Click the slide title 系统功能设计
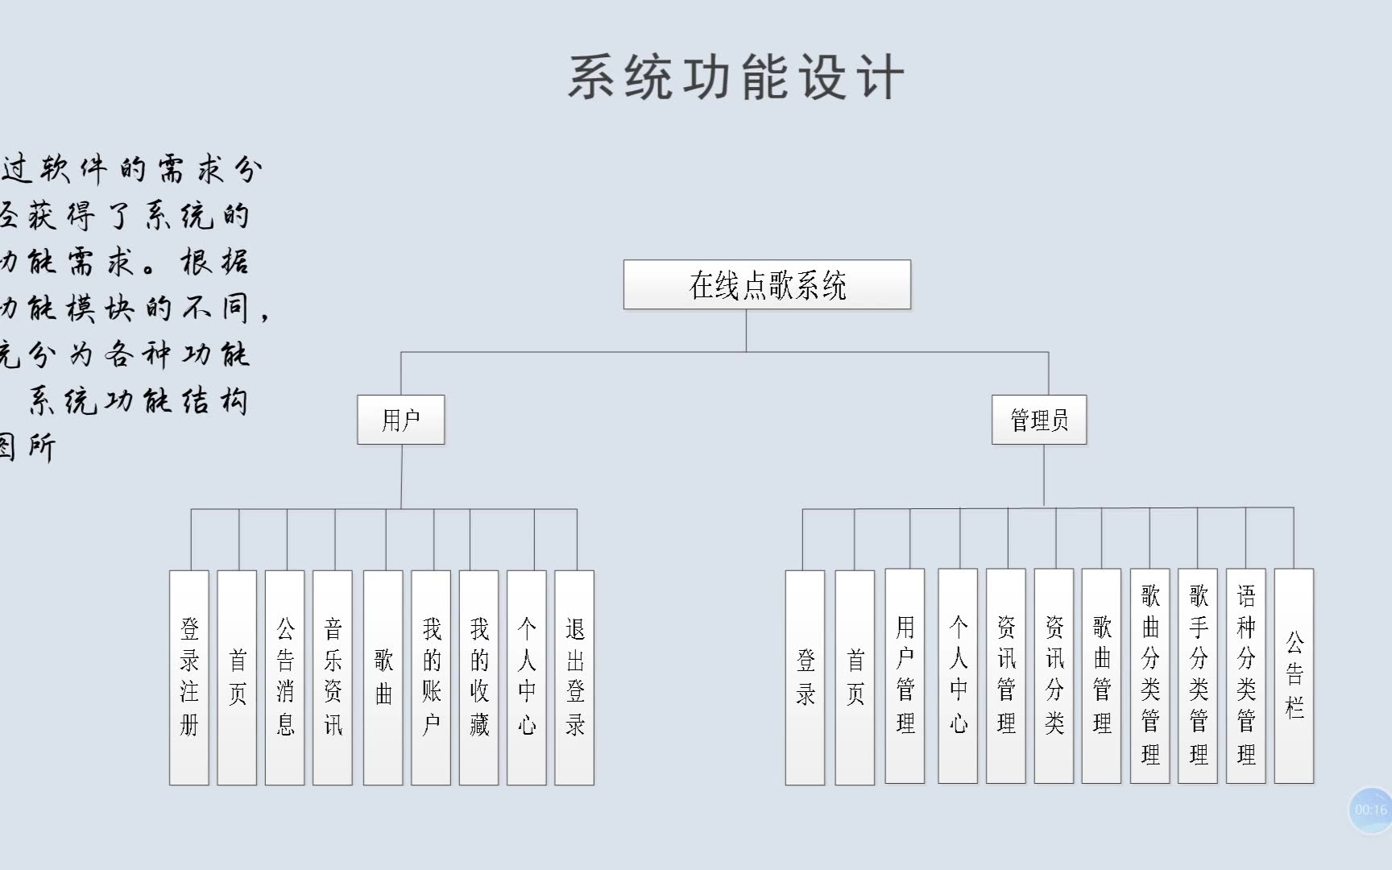point(736,78)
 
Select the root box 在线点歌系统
point(767,284)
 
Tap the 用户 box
point(400,420)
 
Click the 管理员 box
point(1038,420)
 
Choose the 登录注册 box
point(189,677)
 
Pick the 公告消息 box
point(285,677)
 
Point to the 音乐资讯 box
point(333,677)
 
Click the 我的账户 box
point(431,677)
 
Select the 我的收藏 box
point(478,677)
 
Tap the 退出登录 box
point(574,677)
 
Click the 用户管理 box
point(905,676)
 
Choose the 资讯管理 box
point(1006,676)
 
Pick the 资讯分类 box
point(1054,676)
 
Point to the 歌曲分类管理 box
point(1150,676)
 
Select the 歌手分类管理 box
point(1198,676)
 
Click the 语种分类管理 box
point(1245,676)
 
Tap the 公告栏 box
point(1294,676)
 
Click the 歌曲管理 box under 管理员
point(1101,676)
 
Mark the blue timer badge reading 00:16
point(1370,810)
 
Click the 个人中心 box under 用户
point(527,677)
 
